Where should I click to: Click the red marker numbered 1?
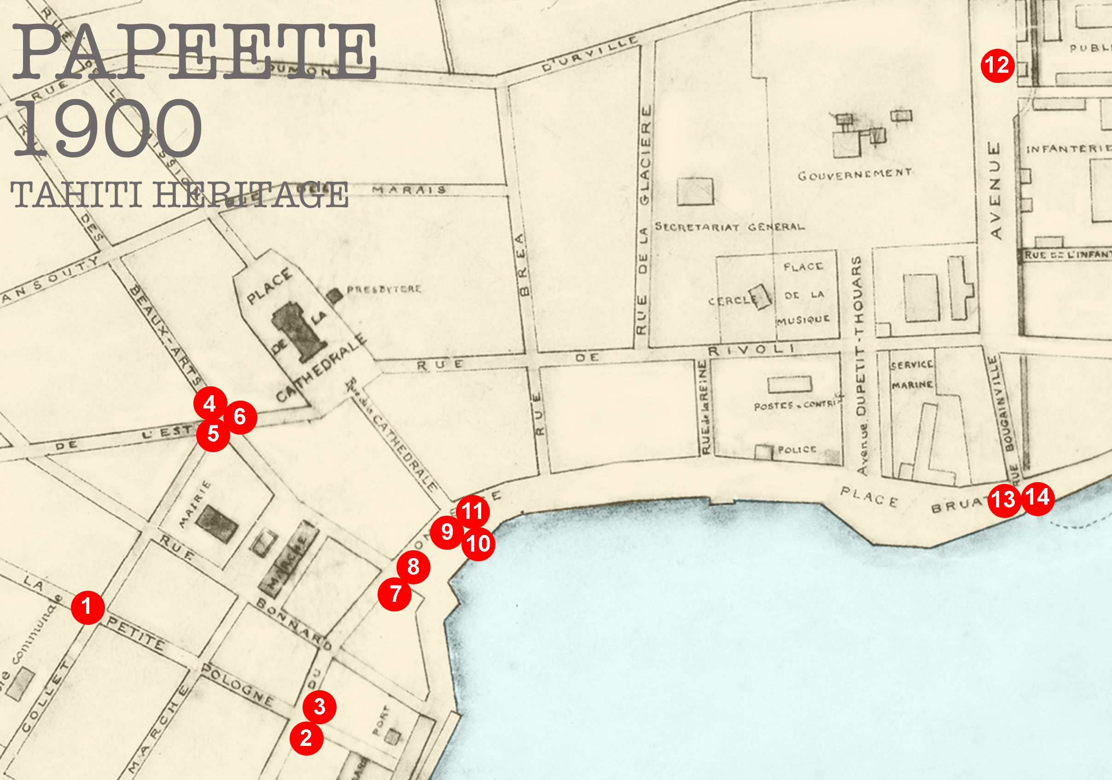tap(87, 607)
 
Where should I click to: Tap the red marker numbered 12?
tap(997, 65)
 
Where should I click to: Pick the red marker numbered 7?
tap(395, 594)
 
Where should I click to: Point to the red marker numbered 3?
tap(319, 706)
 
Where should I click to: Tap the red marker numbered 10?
tap(478, 544)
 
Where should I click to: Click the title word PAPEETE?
tap(194, 52)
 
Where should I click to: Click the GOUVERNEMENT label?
tap(854, 175)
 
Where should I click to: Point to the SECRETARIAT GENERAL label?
tap(729, 227)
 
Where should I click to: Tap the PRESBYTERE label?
tap(384, 290)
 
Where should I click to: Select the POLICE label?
tap(797, 450)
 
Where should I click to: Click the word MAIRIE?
tap(194, 504)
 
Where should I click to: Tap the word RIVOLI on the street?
tap(750, 349)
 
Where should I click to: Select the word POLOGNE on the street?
tap(237, 685)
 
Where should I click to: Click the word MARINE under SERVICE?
tap(912, 385)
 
